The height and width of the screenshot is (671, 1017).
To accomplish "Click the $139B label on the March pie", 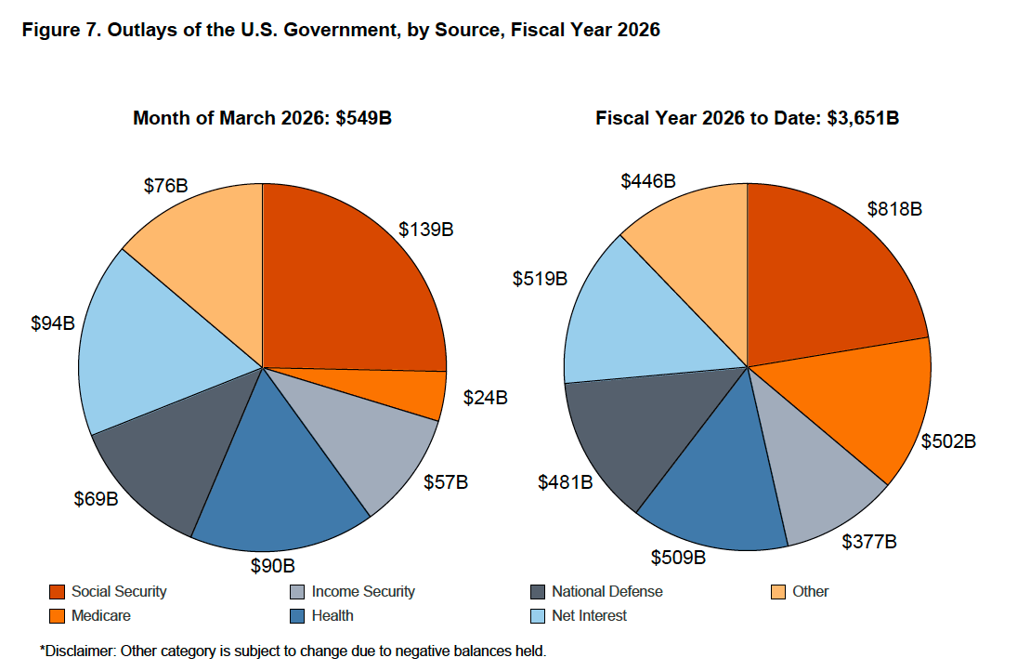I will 425,229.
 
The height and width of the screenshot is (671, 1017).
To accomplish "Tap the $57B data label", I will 446,482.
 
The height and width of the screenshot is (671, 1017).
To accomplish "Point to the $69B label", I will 96,499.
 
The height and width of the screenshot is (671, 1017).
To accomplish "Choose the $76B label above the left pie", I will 166,185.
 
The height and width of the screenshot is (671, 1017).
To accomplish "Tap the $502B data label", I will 948,441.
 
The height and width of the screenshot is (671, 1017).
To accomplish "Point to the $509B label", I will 679,558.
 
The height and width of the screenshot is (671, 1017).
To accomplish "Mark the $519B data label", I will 540,278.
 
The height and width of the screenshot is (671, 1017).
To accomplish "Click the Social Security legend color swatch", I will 57,592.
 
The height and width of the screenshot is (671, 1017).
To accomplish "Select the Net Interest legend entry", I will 589,615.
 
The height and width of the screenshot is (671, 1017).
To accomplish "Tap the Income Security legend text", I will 363,592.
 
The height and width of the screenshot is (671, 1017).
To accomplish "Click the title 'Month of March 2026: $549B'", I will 262,118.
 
